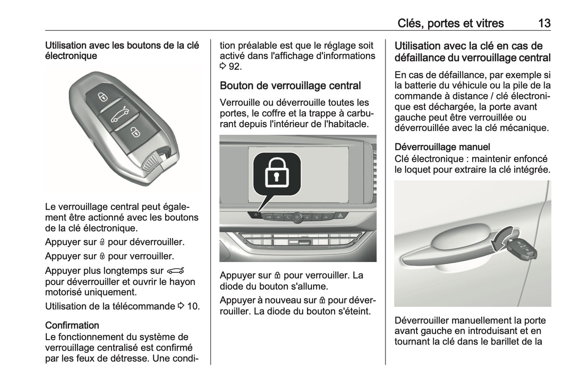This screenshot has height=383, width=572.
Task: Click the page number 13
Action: pyautogui.click(x=544, y=23)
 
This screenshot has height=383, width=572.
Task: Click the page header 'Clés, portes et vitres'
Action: pyautogui.click(x=450, y=23)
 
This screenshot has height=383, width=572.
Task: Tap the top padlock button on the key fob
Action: pyautogui.click(x=103, y=96)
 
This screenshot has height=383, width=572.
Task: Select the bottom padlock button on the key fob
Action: pyautogui.click(x=135, y=131)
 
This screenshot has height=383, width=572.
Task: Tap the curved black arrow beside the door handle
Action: pyautogui.click(x=500, y=239)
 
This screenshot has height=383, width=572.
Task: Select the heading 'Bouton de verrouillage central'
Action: pyautogui.click(x=290, y=86)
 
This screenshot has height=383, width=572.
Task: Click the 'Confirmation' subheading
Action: pyautogui.click(x=72, y=326)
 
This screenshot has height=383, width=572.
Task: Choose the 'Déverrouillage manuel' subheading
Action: pyautogui.click(x=442, y=147)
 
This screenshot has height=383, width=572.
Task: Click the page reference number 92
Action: pyautogui.click(x=235, y=67)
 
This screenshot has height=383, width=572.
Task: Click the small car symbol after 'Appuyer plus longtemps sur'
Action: pyautogui.click(x=175, y=271)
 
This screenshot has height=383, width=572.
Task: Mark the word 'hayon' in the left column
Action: pyautogui.click(x=182, y=282)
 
